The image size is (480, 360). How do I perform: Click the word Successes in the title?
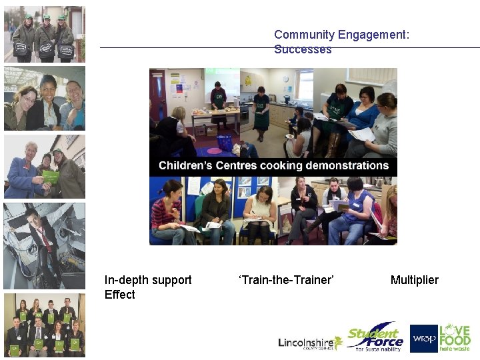(303, 49)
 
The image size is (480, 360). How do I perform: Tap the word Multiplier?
(415, 280)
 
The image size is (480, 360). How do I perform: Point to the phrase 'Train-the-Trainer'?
(286, 280)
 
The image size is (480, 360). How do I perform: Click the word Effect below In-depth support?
(120, 295)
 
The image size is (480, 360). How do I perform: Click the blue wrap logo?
(423, 338)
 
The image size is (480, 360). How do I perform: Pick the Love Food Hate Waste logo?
(455, 338)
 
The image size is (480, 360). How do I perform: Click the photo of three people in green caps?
(45, 35)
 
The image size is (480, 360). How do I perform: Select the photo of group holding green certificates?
(45, 325)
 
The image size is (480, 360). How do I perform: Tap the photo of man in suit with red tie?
(45, 245)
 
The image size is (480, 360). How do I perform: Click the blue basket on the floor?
(225, 143)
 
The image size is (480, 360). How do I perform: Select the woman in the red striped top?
(166, 210)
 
